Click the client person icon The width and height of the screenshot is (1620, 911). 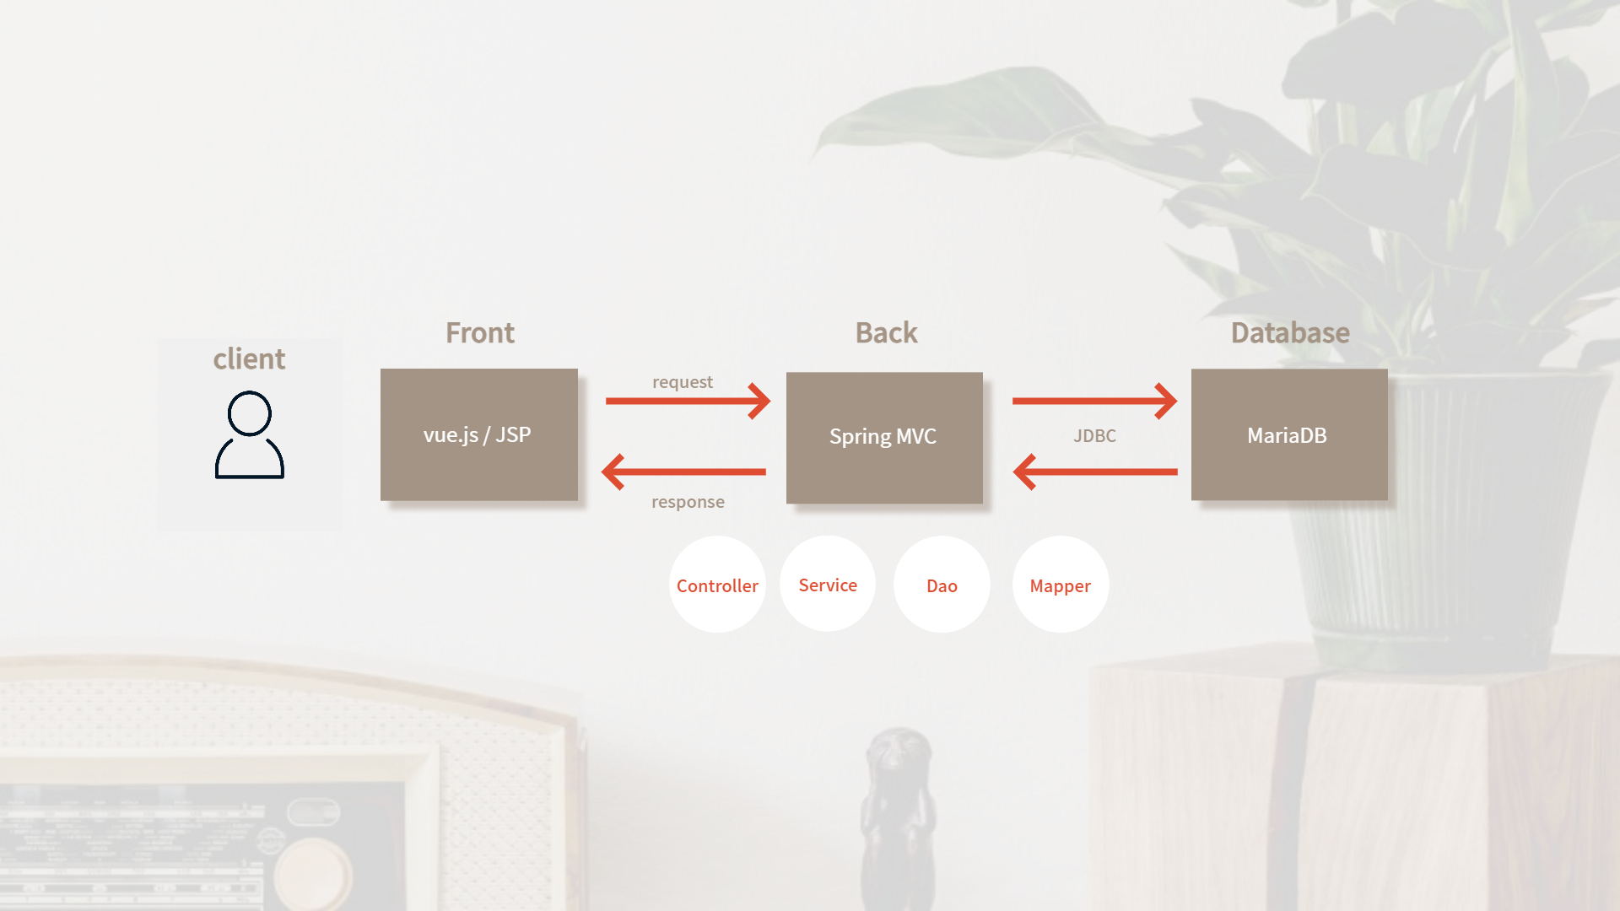pos(250,435)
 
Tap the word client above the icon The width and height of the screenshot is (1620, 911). pos(249,359)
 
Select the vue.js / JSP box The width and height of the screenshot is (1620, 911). pos(479,434)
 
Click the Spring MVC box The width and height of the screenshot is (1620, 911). pos(884,438)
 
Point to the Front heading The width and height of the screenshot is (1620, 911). pos(480,333)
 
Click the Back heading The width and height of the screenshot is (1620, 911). pos(886,333)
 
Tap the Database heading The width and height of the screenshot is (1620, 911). pos(1290,333)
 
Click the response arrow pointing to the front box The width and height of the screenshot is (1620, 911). pos(683,472)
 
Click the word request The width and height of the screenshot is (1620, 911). pos(683,382)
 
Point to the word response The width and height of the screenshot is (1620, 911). pos(688,502)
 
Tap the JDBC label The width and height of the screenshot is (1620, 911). pos(1094,436)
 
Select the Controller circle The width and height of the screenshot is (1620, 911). pos(717,585)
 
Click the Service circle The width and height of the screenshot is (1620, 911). pos(828,585)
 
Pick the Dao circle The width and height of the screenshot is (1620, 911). pos(942,585)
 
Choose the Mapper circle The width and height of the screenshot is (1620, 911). pos(1061,585)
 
